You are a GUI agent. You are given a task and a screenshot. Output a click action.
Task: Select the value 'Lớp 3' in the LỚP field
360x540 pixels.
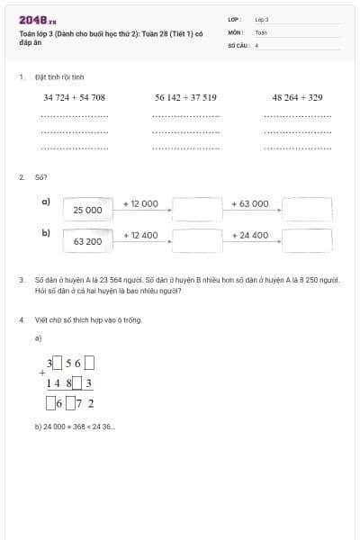[262, 19]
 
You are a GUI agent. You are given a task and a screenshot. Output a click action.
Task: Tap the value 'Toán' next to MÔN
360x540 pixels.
[261, 31]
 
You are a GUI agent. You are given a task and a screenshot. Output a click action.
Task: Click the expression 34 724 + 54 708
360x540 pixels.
[75, 97]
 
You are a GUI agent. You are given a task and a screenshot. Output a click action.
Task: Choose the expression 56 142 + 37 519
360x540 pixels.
[185, 97]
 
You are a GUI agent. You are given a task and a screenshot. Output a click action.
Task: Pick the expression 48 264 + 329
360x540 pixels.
[297, 97]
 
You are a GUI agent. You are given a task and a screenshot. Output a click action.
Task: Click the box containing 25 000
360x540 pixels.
[87, 210]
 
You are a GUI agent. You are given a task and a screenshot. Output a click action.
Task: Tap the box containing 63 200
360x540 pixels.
[87, 241]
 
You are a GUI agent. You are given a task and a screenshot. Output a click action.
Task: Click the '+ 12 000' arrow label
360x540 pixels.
[140, 203]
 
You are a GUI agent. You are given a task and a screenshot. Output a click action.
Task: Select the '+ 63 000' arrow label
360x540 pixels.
[250, 203]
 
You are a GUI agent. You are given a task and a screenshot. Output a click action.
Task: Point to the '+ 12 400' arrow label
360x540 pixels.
[140, 235]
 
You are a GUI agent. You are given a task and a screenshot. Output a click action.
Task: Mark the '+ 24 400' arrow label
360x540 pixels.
[250, 235]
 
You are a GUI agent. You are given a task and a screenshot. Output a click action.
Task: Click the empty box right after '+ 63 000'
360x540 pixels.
[307, 209]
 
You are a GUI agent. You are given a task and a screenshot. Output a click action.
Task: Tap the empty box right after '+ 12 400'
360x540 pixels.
[197, 240]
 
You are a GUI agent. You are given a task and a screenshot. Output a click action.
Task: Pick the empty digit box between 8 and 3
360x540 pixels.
[77, 383]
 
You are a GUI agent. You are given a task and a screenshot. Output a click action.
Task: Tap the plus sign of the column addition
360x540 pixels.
[41, 372]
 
